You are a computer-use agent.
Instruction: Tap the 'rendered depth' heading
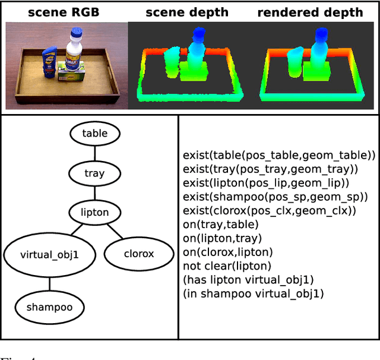[x=319, y=11]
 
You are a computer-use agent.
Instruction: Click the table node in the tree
[x=94, y=134]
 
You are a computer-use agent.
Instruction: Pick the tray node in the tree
[x=94, y=173]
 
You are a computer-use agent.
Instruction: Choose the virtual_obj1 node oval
[x=49, y=254]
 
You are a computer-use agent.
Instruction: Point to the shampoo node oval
[x=49, y=307]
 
